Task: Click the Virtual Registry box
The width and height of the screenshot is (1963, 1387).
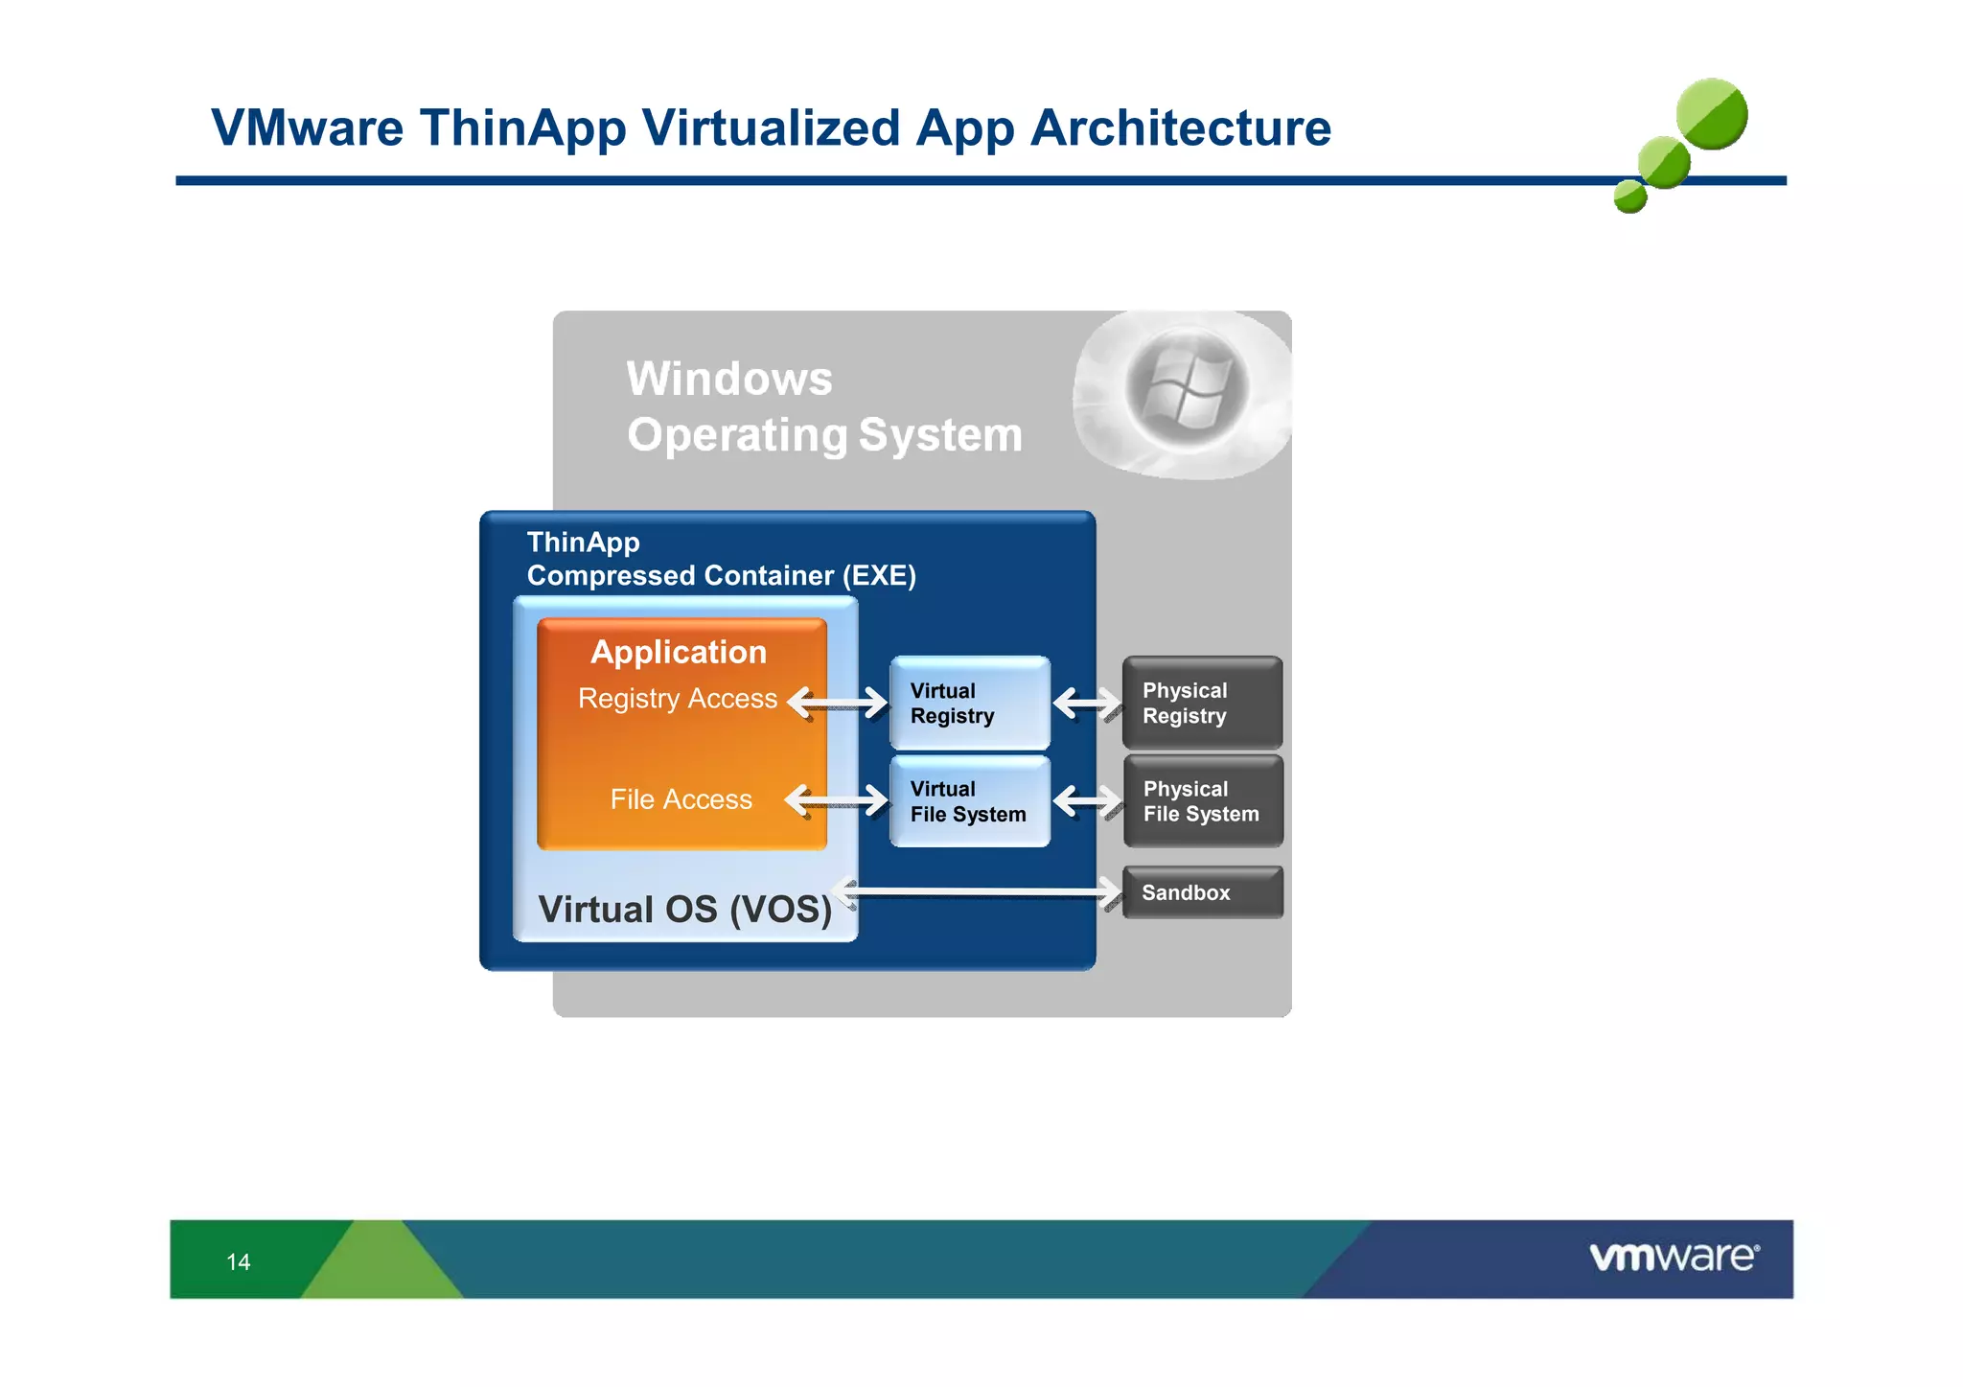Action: coord(969,703)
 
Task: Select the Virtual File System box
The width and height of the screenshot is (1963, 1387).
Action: coord(969,801)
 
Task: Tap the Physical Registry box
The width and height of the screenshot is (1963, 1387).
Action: coord(1202,703)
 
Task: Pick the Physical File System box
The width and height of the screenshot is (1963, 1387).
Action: coord(1202,801)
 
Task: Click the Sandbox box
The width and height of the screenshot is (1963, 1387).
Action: coord(1202,892)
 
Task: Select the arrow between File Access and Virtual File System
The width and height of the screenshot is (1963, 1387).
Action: coord(836,799)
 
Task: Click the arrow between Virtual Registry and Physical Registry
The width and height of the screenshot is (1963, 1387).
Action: coord(1087,704)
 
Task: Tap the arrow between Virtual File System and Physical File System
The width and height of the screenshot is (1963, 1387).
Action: coord(1087,800)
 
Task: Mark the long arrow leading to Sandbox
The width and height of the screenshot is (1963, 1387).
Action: coord(978,892)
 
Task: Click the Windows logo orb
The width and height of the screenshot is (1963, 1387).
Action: coord(1187,388)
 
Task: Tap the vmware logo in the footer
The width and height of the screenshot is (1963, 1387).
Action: coord(1674,1257)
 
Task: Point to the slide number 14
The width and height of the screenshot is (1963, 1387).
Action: coord(239,1261)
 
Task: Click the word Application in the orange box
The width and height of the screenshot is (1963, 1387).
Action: coord(679,652)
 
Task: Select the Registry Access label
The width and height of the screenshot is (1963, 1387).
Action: coord(677,699)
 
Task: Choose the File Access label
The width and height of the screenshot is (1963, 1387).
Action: coord(681,799)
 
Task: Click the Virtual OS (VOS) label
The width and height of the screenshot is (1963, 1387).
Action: coord(684,909)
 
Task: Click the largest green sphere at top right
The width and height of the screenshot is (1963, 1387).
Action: coord(1712,114)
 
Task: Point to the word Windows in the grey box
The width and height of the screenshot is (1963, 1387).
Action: coord(729,379)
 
